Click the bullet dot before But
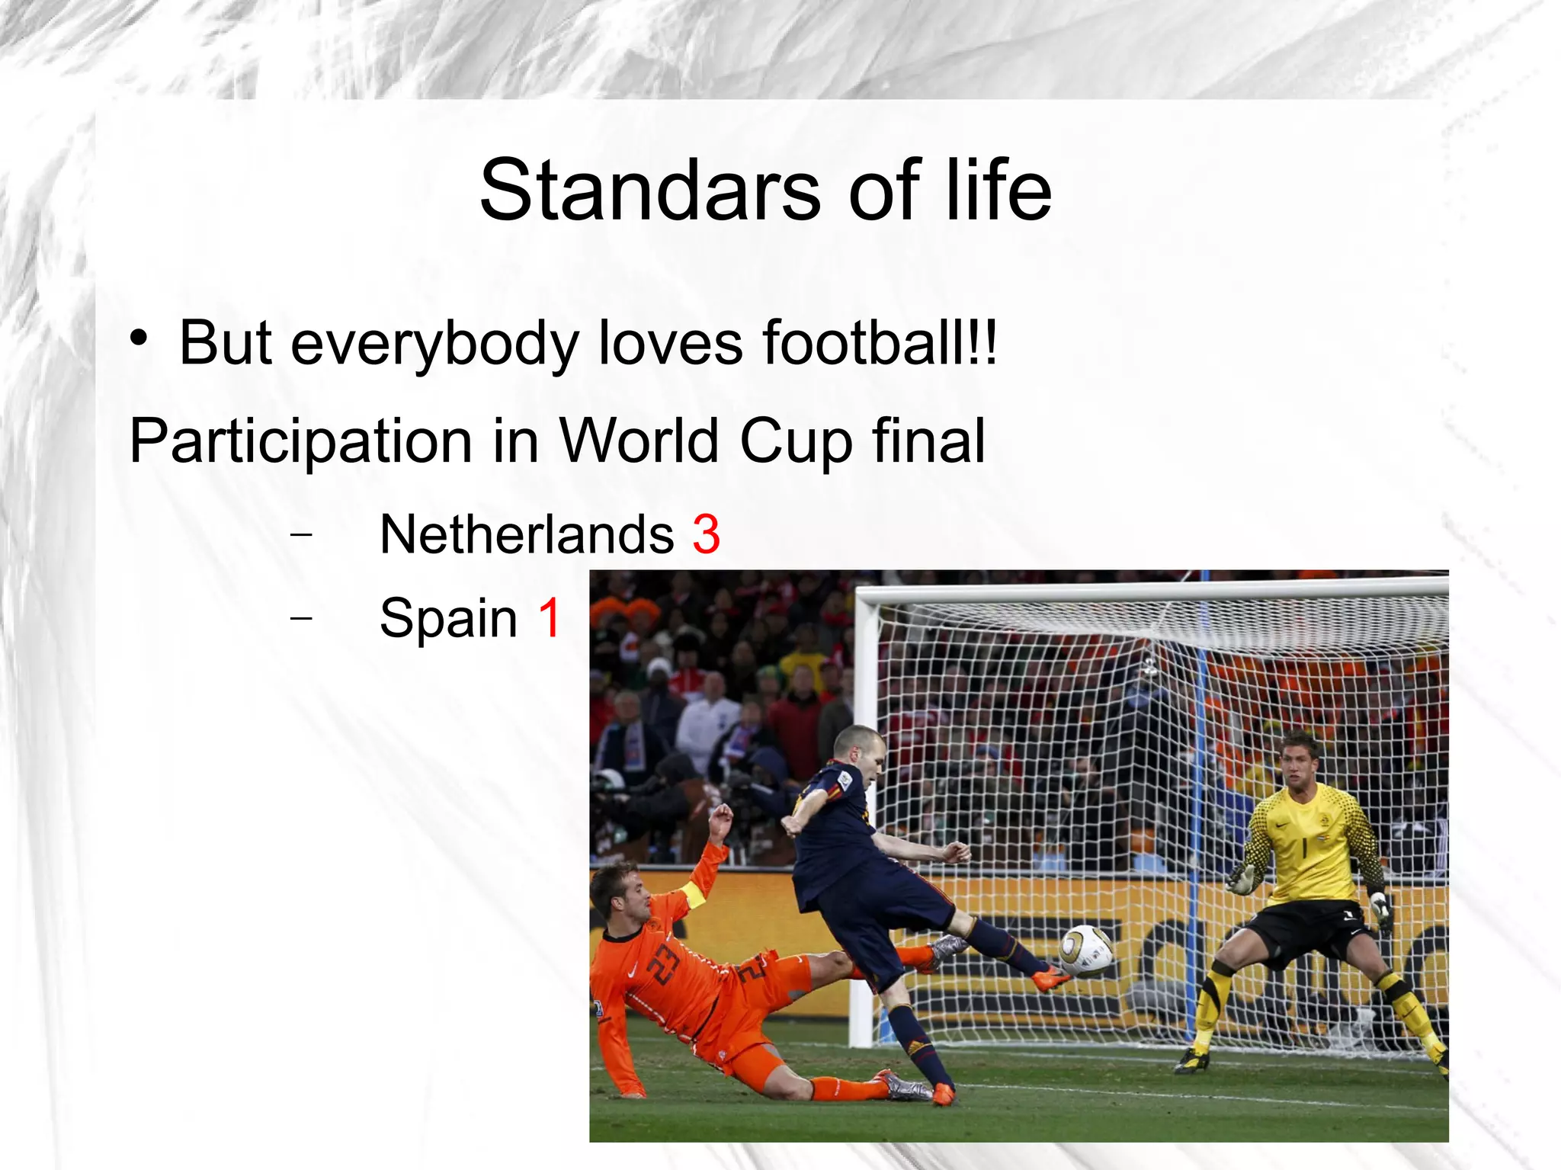pyautogui.click(x=138, y=338)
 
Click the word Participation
pyautogui.click(x=302, y=442)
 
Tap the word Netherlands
pyautogui.click(x=527, y=534)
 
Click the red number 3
pyautogui.click(x=706, y=534)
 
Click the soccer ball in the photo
pyautogui.click(x=1085, y=951)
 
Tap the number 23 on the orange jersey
pyautogui.click(x=662, y=963)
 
